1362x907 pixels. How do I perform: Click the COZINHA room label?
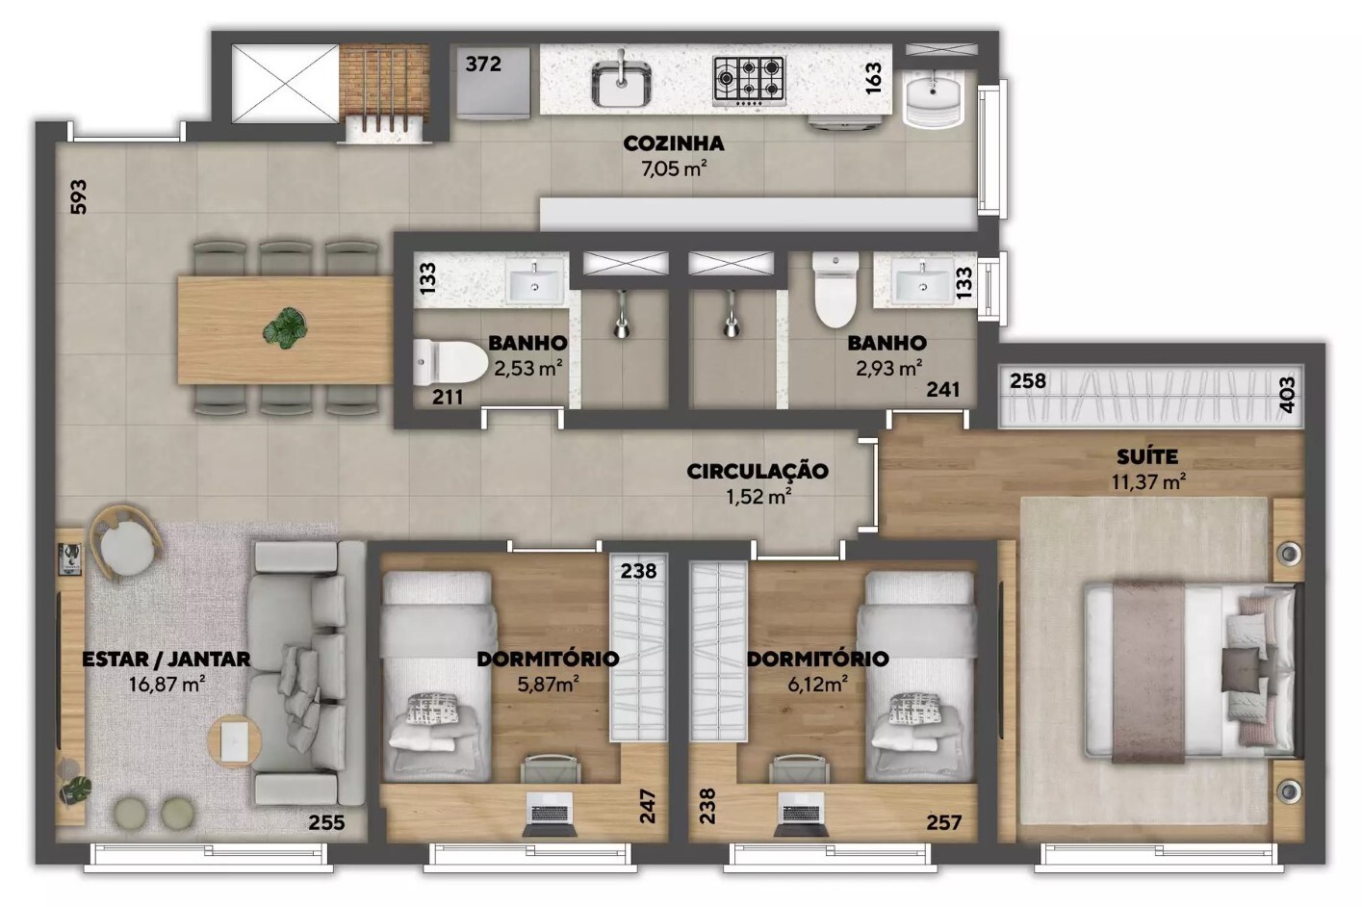pos(674,143)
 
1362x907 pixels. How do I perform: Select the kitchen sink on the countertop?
pos(622,82)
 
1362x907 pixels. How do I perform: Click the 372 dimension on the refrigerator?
pos(483,64)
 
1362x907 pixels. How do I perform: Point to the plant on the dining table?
pos(285,327)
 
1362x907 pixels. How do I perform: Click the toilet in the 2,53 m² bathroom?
pos(450,363)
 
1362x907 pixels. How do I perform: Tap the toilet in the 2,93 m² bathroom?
pos(836,289)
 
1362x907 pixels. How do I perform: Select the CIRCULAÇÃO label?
pos(758,472)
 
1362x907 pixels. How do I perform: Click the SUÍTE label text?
pos(1147,456)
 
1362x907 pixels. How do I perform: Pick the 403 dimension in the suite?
pos(1287,395)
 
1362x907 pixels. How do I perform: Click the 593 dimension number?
pos(79,196)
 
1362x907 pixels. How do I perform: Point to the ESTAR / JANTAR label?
pos(166,660)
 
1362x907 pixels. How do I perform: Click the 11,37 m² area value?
pos(1148,482)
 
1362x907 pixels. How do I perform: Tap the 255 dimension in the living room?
pos(326,822)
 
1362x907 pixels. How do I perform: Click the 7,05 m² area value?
pos(674,169)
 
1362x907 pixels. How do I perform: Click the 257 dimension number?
pos(943,822)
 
